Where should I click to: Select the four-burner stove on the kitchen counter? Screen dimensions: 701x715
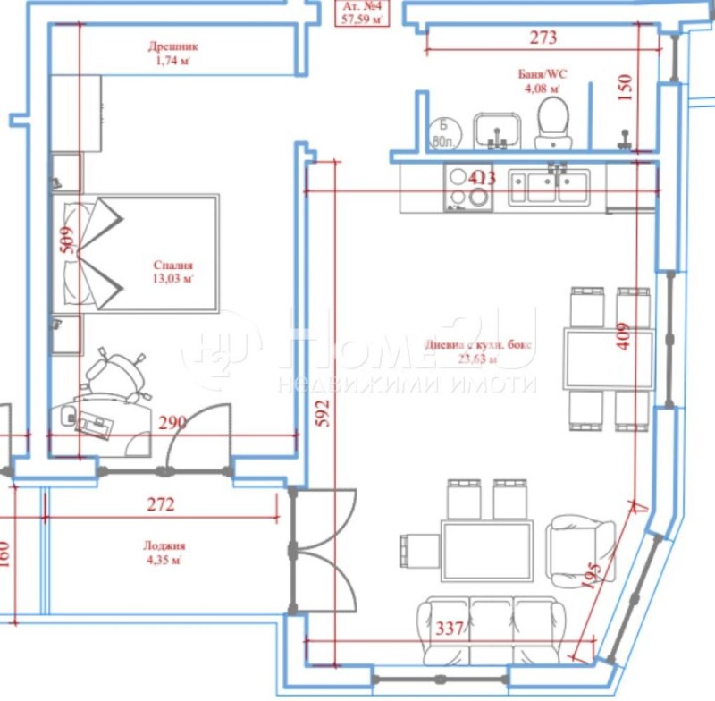click(467, 188)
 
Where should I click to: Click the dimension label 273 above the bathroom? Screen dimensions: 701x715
click(543, 38)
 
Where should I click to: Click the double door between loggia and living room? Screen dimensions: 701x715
click(322, 550)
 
